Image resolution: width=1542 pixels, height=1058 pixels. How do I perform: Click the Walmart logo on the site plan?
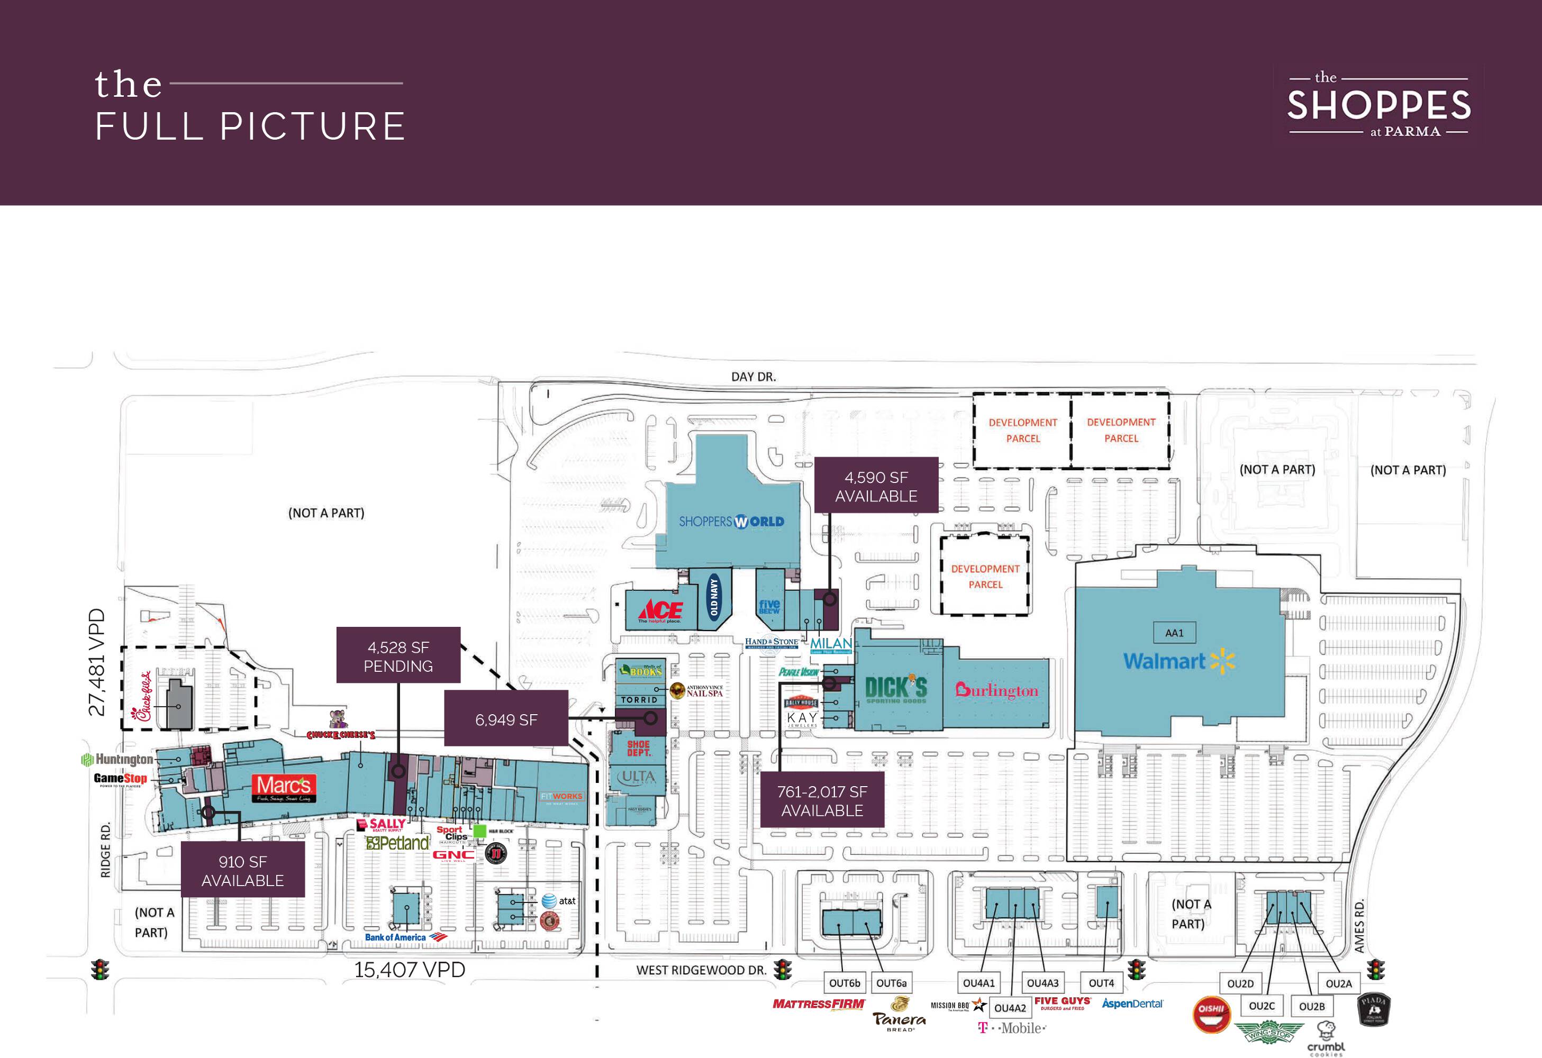point(1178,661)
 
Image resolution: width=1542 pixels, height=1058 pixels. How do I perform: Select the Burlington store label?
point(996,690)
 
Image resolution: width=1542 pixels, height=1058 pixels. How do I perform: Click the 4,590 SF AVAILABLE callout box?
point(876,486)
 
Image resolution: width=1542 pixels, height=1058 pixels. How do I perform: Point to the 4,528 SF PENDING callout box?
point(398,656)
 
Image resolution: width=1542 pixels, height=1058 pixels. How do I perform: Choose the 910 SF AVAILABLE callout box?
point(243,870)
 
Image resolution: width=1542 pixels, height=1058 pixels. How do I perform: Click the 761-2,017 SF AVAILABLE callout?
point(822,800)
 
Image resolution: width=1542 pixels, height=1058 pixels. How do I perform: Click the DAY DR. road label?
point(753,377)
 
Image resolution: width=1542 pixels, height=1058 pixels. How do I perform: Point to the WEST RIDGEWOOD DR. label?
point(701,970)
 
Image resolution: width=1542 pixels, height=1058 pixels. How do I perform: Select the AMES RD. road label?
point(1359,926)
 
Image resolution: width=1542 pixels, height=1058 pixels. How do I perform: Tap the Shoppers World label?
point(731,522)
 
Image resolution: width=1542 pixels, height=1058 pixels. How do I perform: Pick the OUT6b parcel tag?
point(844,983)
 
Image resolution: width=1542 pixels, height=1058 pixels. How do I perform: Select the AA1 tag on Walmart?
point(1174,633)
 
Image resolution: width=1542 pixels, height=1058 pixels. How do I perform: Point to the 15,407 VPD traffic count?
point(410,970)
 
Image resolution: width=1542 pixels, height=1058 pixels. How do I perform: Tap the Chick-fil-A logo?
point(143,697)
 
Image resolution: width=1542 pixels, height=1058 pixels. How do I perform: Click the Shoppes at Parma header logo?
point(1379,105)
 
